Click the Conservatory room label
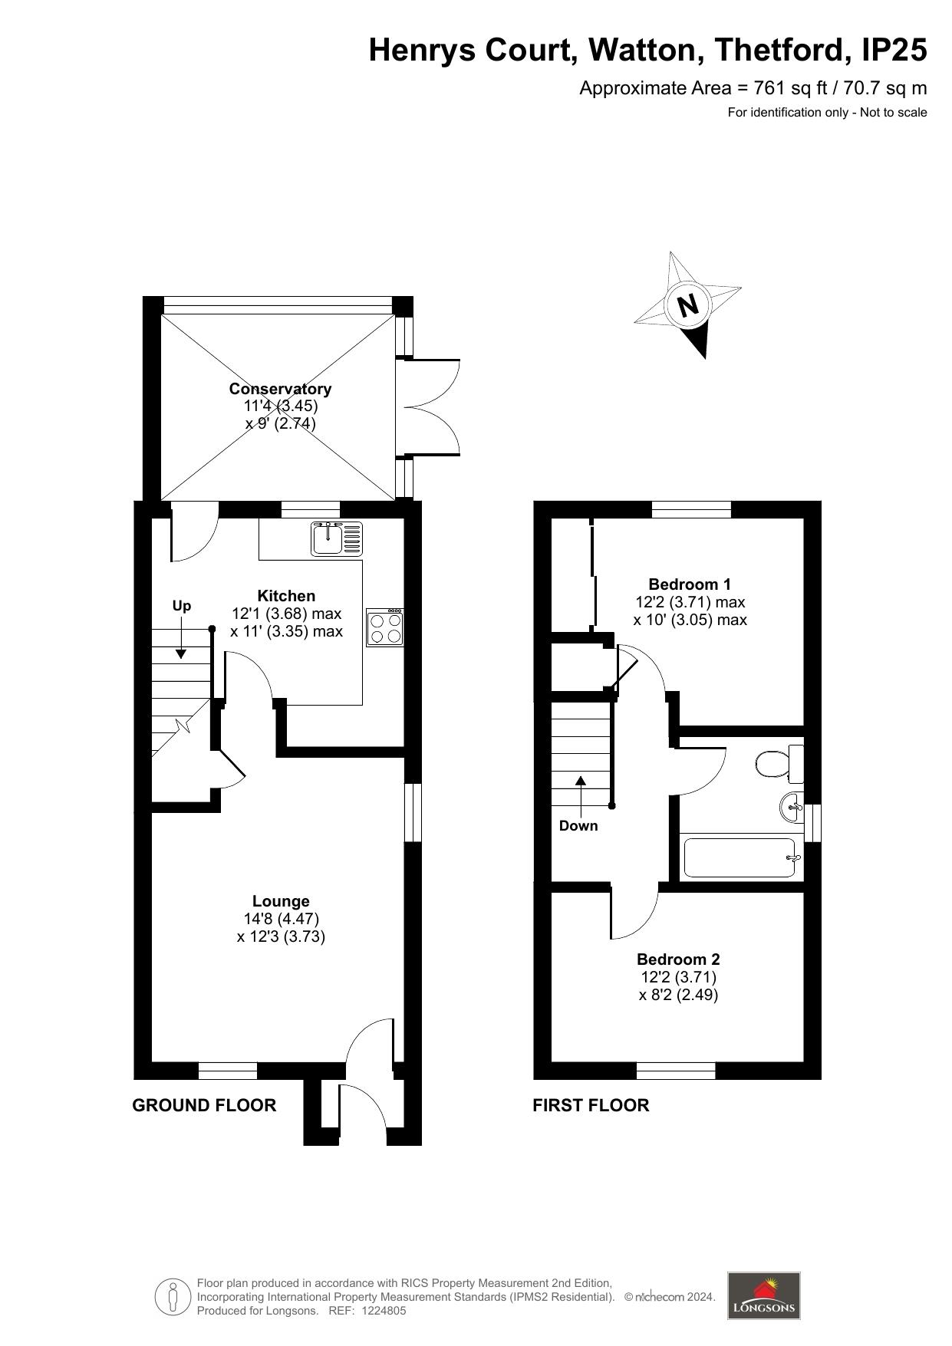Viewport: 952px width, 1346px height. point(280,389)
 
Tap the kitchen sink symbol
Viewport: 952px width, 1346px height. point(337,538)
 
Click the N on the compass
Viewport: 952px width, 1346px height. point(688,305)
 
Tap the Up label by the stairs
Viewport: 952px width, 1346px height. point(182,606)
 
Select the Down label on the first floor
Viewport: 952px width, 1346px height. point(578,826)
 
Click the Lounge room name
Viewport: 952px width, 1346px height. point(282,901)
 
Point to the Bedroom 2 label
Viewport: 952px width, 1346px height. point(678,959)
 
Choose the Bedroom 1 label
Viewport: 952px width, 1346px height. point(690,584)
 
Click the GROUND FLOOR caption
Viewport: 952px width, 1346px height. point(204,1105)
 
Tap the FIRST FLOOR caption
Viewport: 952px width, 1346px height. point(591,1105)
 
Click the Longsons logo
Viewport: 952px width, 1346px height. point(763,1295)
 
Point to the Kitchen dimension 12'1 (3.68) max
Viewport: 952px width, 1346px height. point(286,614)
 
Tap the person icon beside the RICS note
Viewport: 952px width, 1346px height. point(173,1297)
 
